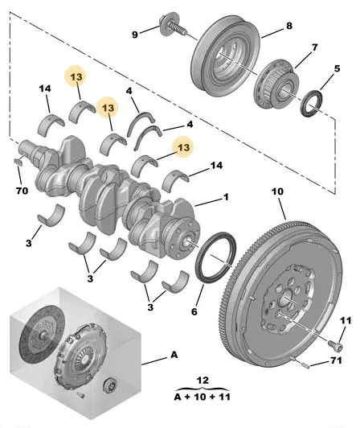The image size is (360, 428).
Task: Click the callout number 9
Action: pos(135,35)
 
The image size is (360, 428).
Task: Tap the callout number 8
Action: pos(289,26)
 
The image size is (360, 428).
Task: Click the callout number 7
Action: pos(315,47)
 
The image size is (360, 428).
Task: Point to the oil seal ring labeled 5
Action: pos(311,103)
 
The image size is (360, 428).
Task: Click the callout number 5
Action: pos(337,68)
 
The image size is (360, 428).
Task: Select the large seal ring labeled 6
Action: pos(216,257)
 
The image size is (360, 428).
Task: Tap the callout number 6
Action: pos(194,311)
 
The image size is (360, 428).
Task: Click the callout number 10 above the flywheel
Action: pos(277,191)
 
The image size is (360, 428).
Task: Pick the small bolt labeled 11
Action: pos(335,344)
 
